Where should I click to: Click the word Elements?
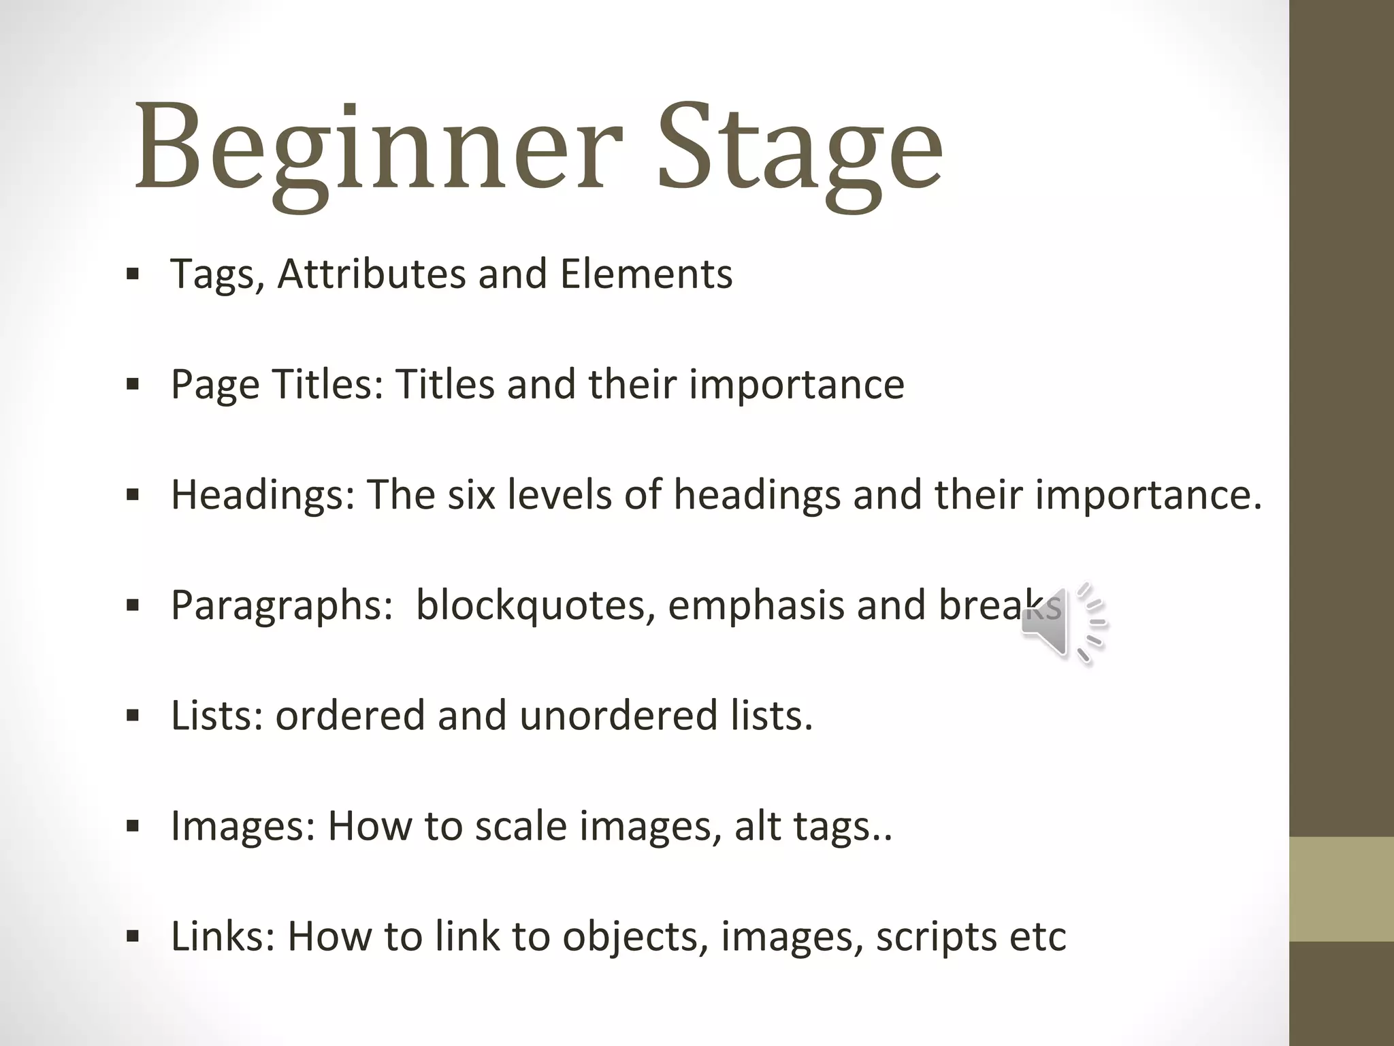coord(646,274)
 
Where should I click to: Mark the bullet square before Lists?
coord(133,716)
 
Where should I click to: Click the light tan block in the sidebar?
coord(1342,889)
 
